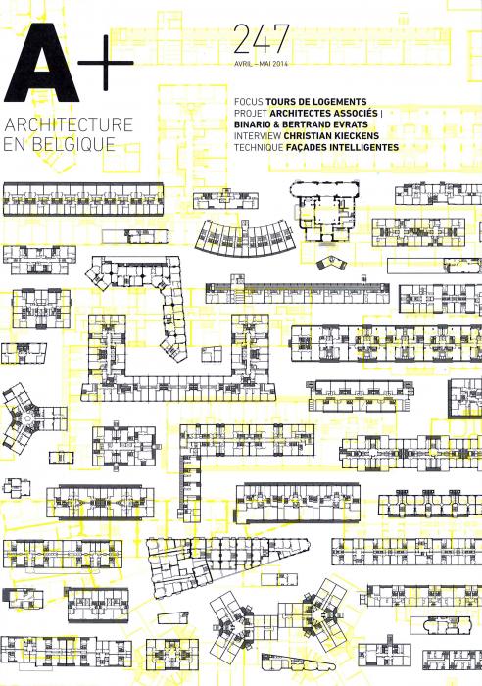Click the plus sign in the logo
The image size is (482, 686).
[106, 63]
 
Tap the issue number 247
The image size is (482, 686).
[262, 38]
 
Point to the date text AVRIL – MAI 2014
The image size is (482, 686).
[261, 64]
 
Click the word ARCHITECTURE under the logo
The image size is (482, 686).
[69, 124]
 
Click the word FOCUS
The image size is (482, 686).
[249, 102]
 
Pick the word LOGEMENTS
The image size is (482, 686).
[340, 102]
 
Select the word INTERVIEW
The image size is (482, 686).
[258, 136]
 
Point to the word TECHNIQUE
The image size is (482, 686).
[259, 147]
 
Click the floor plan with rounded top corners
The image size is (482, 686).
[325, 212]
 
